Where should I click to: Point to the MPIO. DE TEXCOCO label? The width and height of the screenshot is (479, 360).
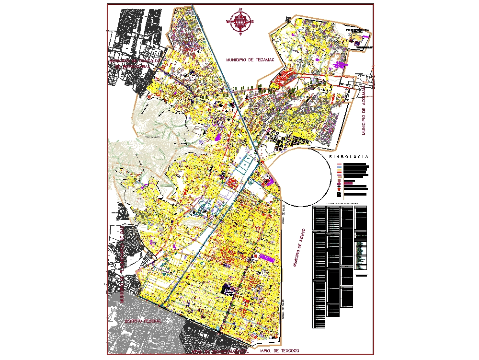[280, 351]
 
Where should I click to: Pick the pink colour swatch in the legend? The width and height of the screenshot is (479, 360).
[339, 164]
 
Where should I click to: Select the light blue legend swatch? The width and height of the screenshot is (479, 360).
[339, 167]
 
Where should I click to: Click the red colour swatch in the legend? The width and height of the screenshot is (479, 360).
[339, 172]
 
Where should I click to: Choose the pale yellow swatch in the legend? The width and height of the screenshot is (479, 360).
[339, 170]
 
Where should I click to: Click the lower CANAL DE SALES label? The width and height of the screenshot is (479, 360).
[284, 309]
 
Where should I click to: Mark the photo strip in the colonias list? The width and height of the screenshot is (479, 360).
[360, 253]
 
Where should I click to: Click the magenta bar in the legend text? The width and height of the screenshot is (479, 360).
[348, 183]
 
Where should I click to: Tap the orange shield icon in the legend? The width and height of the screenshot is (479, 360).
[339, 189]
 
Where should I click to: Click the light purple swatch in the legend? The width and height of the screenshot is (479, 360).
[339, 175]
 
